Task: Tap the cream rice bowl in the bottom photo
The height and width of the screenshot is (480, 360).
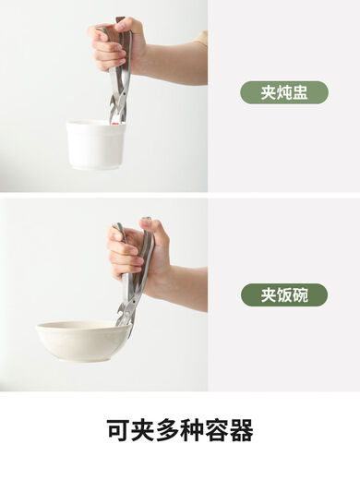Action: (x=82, y=342)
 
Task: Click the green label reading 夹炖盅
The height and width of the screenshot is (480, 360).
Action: (x=283, y=92)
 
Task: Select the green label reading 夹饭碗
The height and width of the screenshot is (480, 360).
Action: (x=283, y=295)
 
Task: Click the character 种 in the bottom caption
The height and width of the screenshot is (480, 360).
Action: (x=192, y=430)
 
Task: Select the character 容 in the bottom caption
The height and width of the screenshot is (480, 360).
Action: (x=216, y=430)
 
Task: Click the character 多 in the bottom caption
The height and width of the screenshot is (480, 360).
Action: (x=167, y=430)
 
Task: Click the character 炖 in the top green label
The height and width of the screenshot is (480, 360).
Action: (x=283, y=92)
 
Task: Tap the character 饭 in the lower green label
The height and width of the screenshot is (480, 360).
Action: (x=283, y=295)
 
